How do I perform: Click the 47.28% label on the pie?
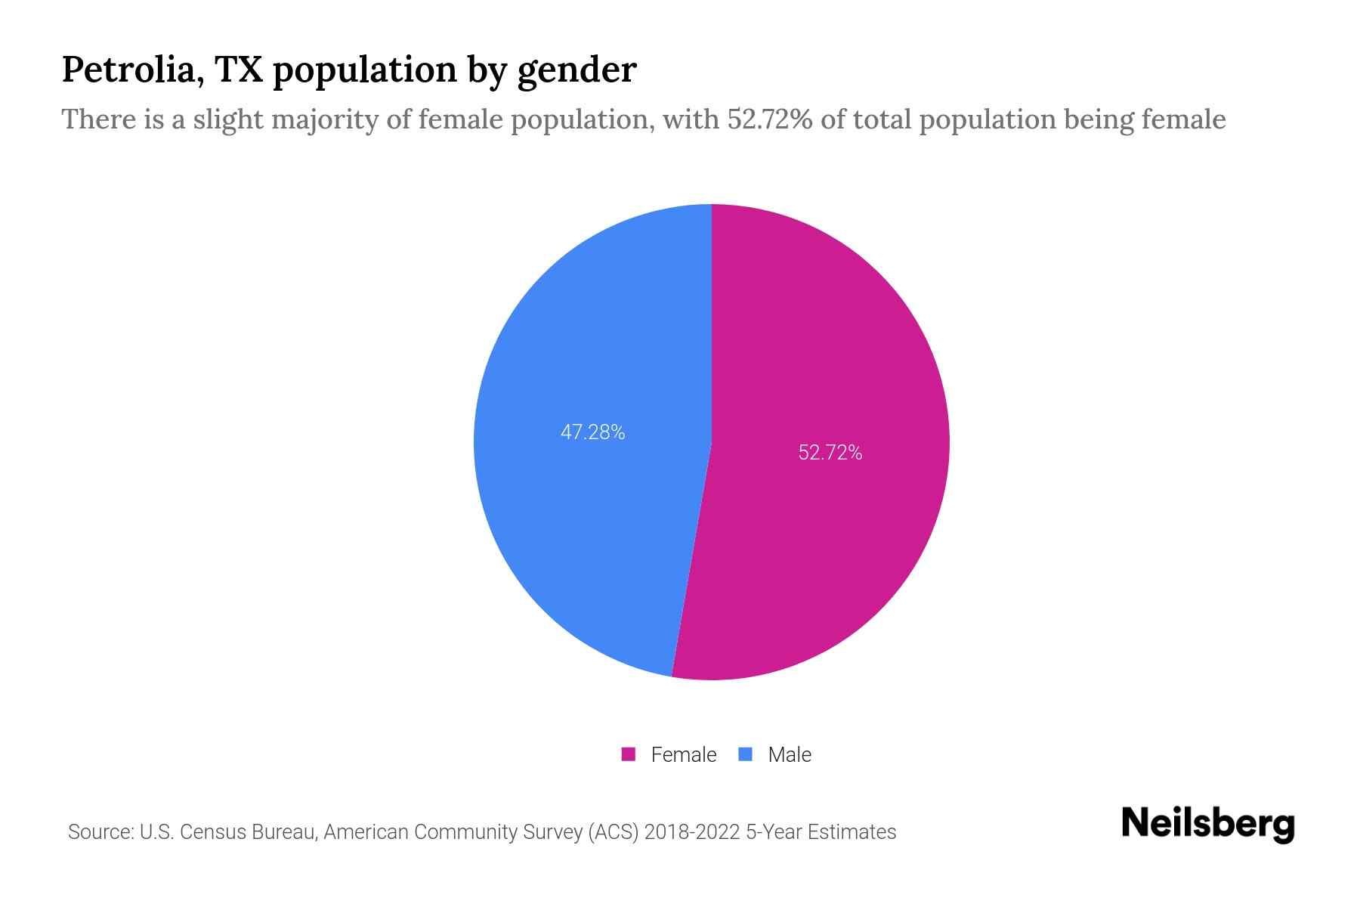point(592,432)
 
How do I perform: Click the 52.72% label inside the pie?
point(830,453)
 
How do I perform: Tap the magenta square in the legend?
point(629,754)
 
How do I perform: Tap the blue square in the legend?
point(746,754)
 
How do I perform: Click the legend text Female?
point(683,754)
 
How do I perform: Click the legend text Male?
point(789,754)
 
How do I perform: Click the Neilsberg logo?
point(1207,824)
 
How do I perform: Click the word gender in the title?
point(576,71)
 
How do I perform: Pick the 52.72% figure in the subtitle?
point(770,119)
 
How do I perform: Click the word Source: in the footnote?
point(100,832)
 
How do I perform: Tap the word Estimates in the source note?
point(852,832)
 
